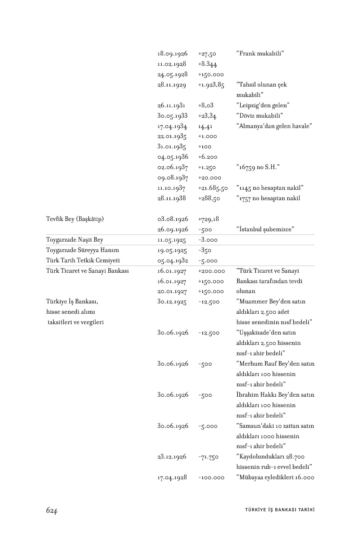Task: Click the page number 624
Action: click(51, 510)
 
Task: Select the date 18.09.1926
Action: click(173, 54)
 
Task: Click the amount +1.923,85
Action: click(211, 85)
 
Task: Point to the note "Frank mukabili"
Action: click(260, 54)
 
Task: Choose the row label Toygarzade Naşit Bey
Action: click(75, 240)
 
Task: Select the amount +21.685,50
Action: click(213, 188)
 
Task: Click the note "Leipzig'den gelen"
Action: click(263, 105)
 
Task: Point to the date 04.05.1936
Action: click(173, 157)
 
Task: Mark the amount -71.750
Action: click(208, 457)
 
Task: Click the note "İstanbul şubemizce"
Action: click(265, 229)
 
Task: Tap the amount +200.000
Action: click(211, 271)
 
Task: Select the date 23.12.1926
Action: click(172, 457)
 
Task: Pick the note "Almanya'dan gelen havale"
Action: click(274, 126)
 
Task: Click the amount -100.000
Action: click(211, 477)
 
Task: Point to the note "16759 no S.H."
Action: click(258, 167)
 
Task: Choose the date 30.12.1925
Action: click(172, 302)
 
